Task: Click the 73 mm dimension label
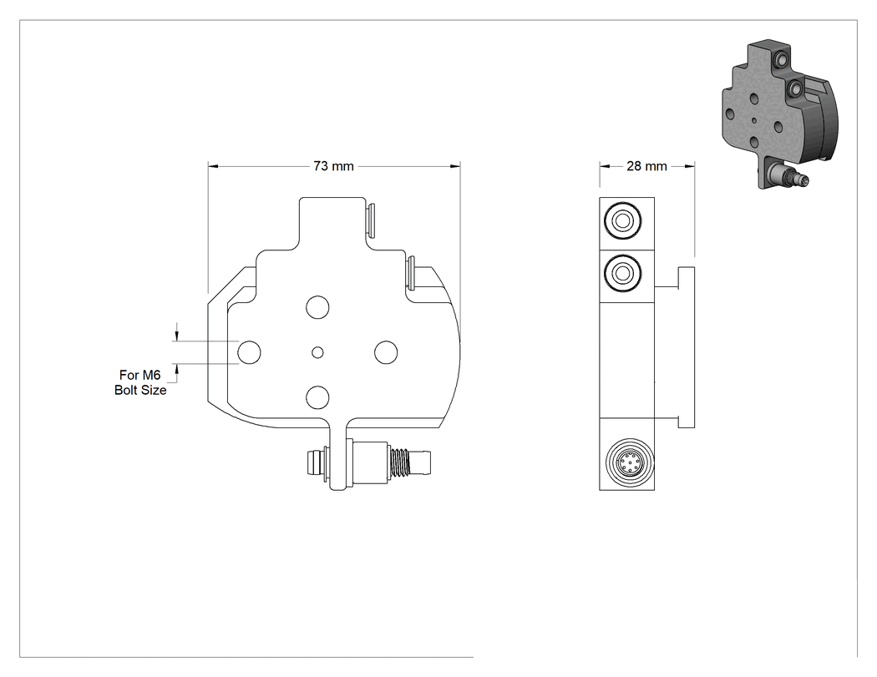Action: click(333, 166)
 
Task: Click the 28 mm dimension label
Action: click(646, 166)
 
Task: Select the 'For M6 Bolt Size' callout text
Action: click(140, 382)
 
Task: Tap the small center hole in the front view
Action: click(317, 352)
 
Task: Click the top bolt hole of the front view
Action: click(317, 307)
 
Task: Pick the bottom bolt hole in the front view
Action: click(317, 397)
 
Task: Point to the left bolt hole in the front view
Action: click(249, 352)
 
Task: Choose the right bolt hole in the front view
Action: click(386, 352)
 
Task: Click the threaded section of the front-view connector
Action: click(400, 462)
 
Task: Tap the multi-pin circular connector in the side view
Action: click(629, 463)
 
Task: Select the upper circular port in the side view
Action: click(622, 221)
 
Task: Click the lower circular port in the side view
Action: click(622, 273)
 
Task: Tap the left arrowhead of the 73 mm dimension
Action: click(212, 166)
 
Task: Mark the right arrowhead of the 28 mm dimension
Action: click(690, 166)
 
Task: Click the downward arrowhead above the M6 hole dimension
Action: click(177, 336)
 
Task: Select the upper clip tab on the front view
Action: click(371, 220)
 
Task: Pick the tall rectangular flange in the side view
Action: click(687, 348)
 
